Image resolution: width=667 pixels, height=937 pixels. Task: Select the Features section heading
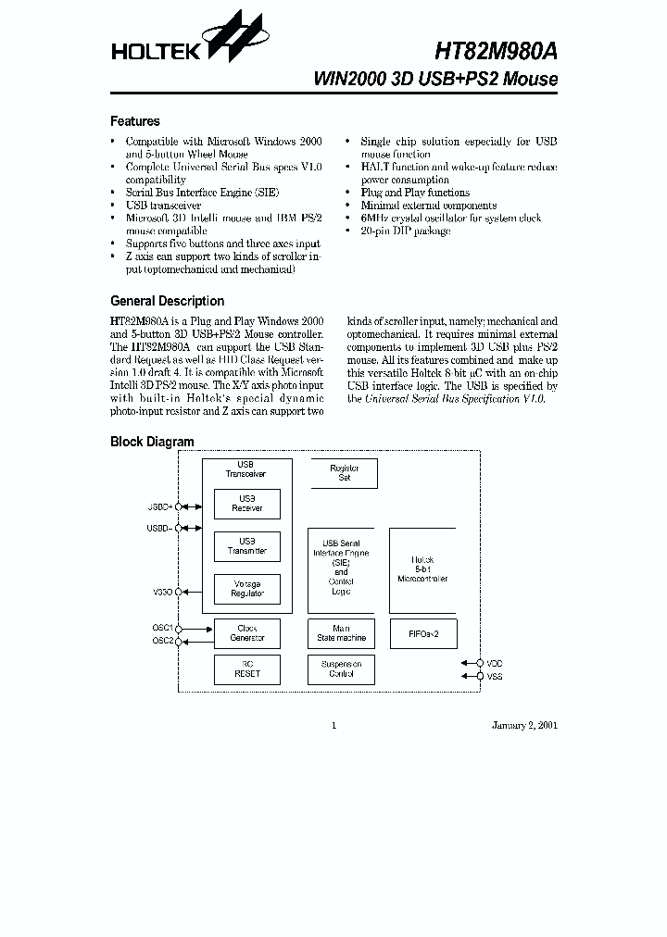pyautogui.click(x=135, y=121)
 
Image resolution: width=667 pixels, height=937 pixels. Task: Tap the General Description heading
pyautogui.click(x=167, y=301)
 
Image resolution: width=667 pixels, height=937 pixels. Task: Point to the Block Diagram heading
pyautogui.click(x=152, y=442)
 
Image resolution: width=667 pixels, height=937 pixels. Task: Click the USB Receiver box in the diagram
pyautogui.click(x=247, y=504)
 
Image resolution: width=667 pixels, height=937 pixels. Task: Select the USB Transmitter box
pyautogui.click(x=247, y=546)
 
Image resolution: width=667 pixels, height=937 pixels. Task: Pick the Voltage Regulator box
pyautogui.click(x=247, y=589)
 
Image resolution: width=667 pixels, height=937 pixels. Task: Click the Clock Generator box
pyautogui.click(x=247, y=633)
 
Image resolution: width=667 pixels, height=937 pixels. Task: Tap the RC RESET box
pyautogui.click(x=247, y=669)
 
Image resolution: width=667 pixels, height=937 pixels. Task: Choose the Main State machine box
pyautogui.click(x=341, y=633)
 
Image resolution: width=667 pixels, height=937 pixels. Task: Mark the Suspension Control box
pyautogui.click(x=341, y=669)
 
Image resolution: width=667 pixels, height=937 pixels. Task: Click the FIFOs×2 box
pyautogui.click(x=422, y=633)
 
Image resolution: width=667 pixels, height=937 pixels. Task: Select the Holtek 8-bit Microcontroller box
pyautogui.click(x=422, y=569)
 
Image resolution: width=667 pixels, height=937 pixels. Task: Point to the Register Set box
pyautogui.click(x=345, y=473)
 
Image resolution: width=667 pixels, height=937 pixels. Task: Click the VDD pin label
pyautogui.click(x=495, y=664)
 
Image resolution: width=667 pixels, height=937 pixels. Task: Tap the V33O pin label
pyautogui.click(x=162, y=591)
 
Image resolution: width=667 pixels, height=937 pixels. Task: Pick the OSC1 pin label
pyautogui.click(x=163, y=628)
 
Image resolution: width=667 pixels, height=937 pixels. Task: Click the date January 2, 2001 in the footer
pyautogui.click(x=524, y=725)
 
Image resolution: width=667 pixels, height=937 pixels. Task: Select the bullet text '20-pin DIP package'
pyautogui.click(x=406, y=231)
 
